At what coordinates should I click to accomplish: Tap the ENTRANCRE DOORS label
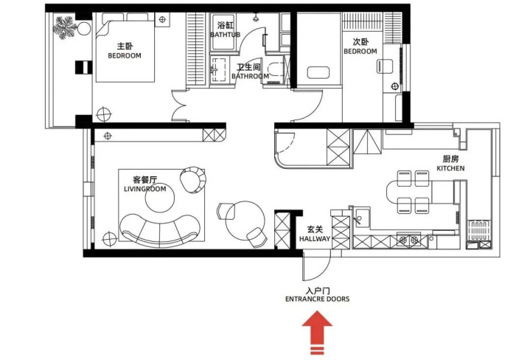click(x=318, y=299)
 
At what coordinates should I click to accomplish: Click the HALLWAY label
click(x=315, y=239)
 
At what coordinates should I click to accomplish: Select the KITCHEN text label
click(x=450, y=168)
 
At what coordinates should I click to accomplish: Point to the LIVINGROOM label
click(x=145, y=189)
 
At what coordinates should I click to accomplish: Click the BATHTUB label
click(x=225, y=35)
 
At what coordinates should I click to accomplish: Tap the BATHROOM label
click(x=250, y=76)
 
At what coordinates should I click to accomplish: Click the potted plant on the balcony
click(x=64, y=27)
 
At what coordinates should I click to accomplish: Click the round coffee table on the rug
click(x=160, y=198)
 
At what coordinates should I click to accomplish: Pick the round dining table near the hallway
click(x=245, y=221)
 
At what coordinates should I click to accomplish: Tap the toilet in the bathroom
click(x=277, y=70)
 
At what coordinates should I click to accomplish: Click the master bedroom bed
click(x=125, y=48)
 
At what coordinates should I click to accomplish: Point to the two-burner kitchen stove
click(x=408, y=240)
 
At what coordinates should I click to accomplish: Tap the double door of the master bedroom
click(x=179, y=105)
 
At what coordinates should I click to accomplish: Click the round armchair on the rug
click(x=193, y=179)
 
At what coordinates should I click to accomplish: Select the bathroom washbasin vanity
click(x=218, y=69)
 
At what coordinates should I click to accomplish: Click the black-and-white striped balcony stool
click(x=83, y=67)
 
